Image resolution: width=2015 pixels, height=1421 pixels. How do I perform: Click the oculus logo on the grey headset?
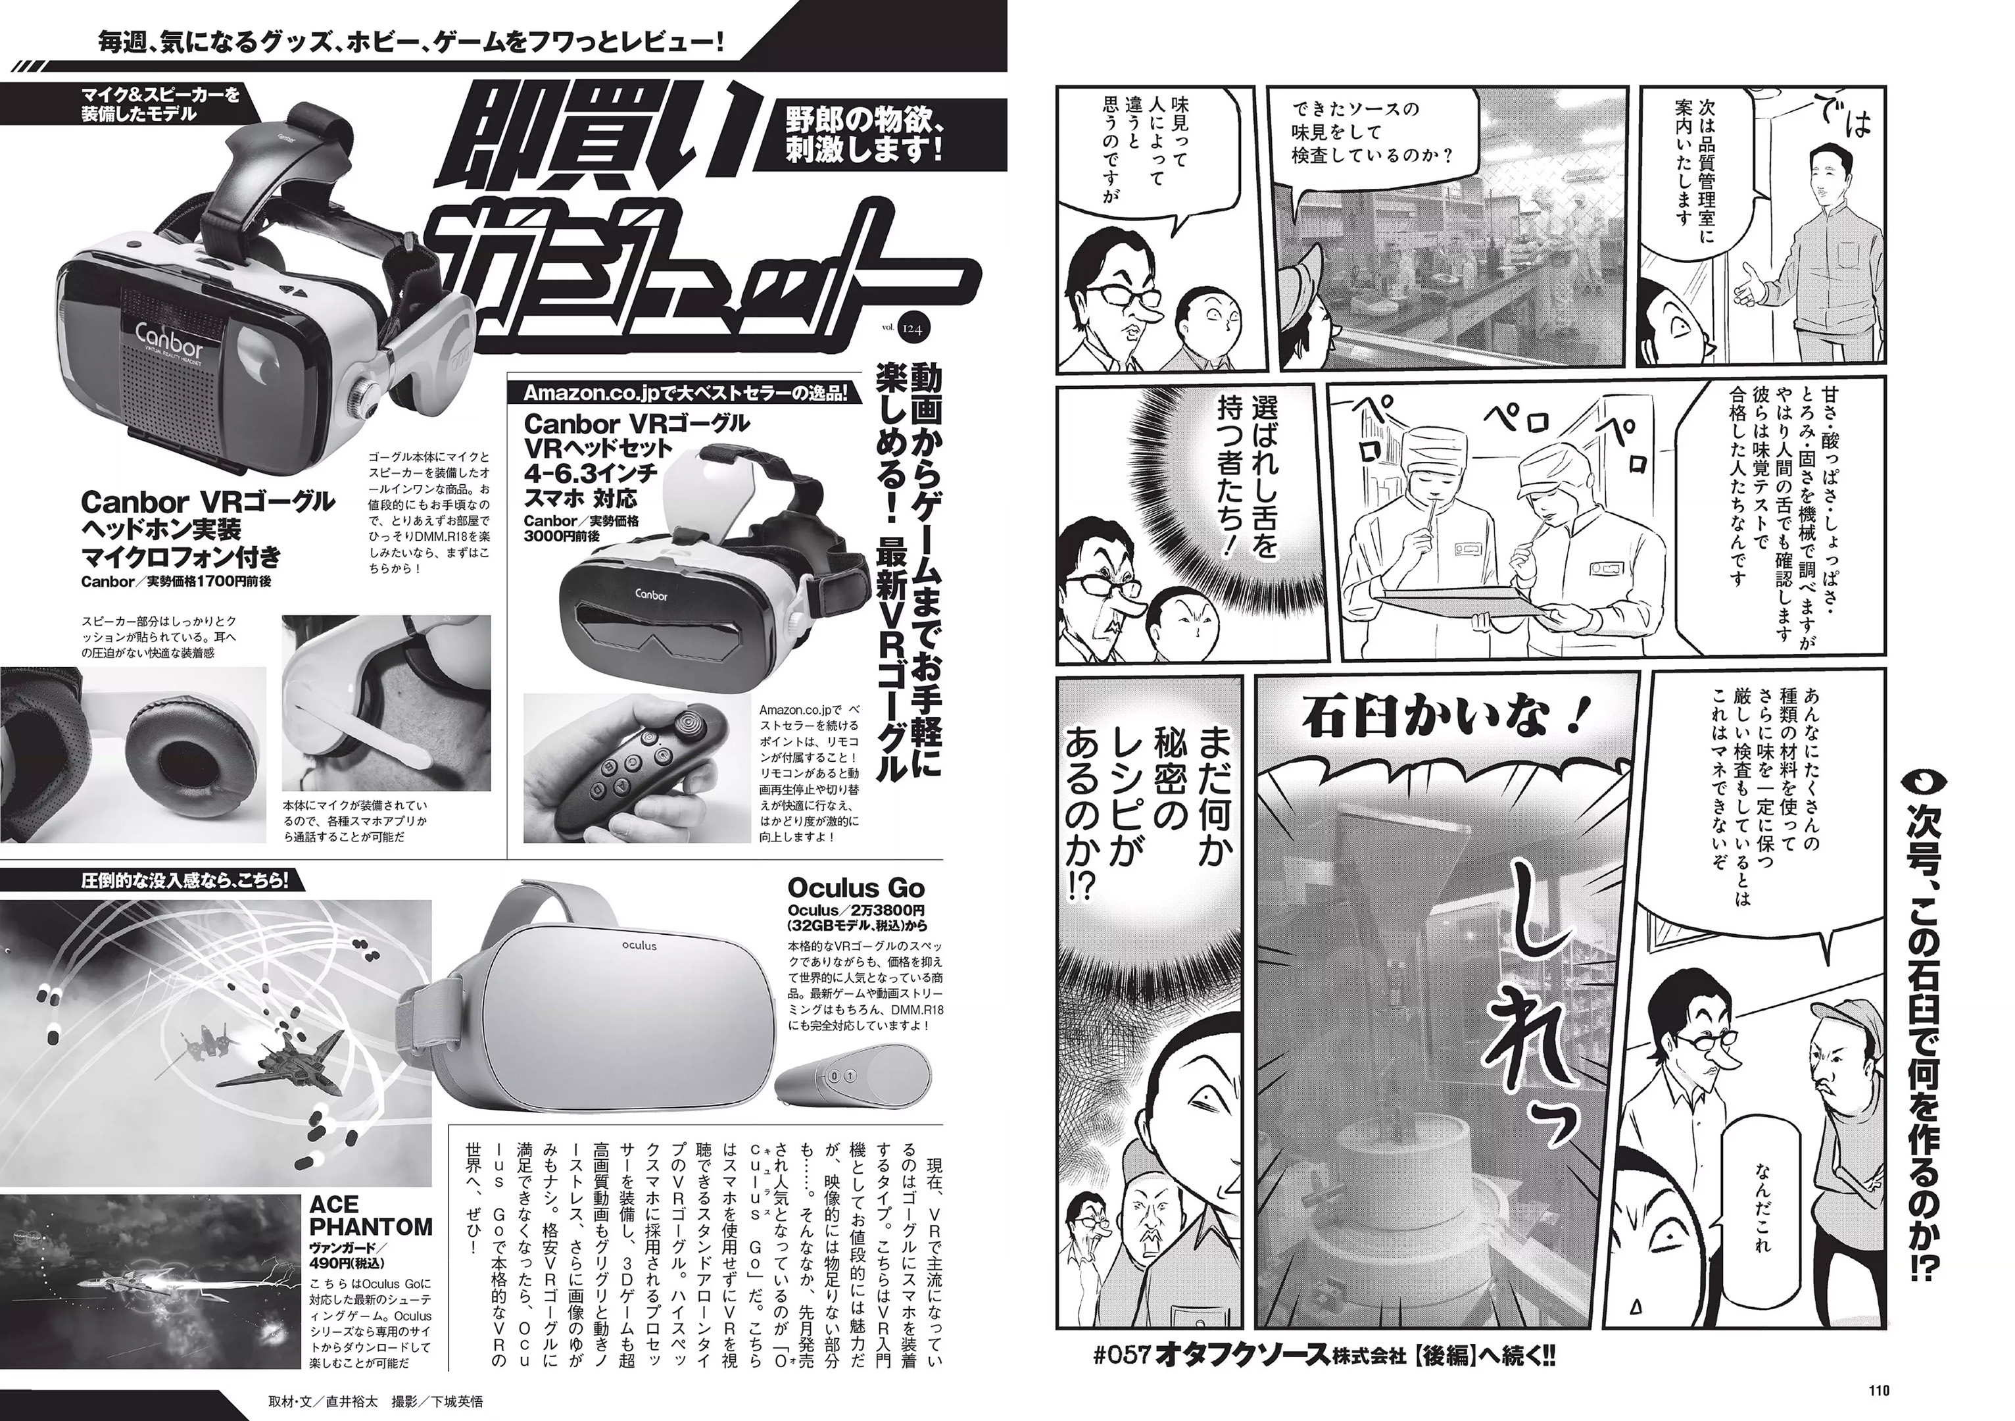pyautogui.click(x=640, y=945)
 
